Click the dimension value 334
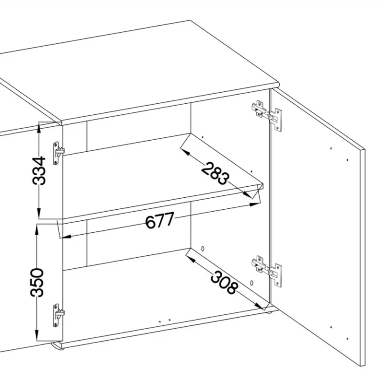pyautogui.click(x=39, y=170)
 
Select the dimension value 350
pyautogui.click(x=37, y=282)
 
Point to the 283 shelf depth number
pyautogui.click(x=216, y=173)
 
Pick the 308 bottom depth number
pyautogui.click(x=224, y=282)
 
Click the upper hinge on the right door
pyautogui.click(x=267, y=115)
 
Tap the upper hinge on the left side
pyautogui.click(x=59, y=153)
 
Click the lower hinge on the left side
pyautogui.click(x=59, y=315)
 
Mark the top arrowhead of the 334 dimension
pyautogui.click(x=39, y=128)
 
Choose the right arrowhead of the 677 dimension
pyautogui.click(x=254, y=204)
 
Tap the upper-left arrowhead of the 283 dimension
pyautogui.click(x=185, y=152)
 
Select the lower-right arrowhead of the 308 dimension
pyautogui.click(x=259, y=306)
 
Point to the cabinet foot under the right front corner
pyautogui.click(x=268, y=311)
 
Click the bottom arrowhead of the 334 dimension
pyautogui.click(x=39, y=212)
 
